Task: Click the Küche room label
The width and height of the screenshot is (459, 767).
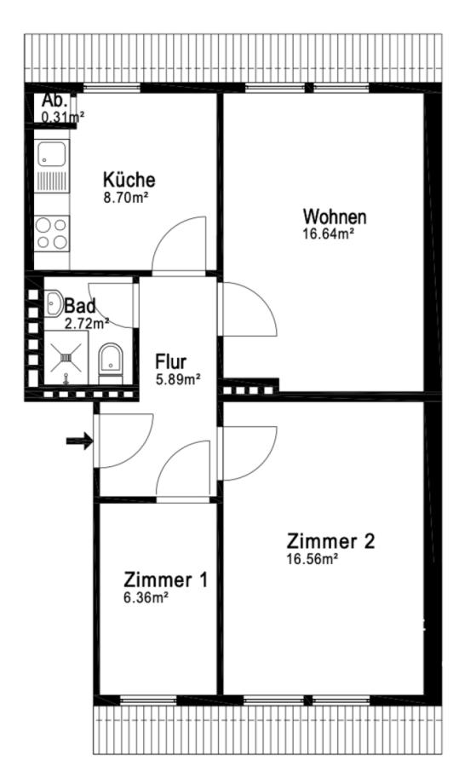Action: coord(129,180)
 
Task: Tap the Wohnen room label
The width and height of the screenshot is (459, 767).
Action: coord(335,216)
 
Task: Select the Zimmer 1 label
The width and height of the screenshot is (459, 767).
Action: coord(166,580)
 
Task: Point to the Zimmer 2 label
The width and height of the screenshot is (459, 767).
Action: coord(330,541)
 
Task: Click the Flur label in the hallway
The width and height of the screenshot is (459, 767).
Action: coord(170,362)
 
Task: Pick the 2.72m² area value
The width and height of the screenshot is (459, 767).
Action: coord(87,323)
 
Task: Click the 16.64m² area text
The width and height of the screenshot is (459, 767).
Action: coord(329,234)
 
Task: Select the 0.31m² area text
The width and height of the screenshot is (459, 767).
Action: coord(63,117)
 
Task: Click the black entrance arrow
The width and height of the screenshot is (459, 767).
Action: coord(79,441)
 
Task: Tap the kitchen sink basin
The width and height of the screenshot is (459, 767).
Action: coord(51,153)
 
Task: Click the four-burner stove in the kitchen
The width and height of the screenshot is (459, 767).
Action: coord(52,234)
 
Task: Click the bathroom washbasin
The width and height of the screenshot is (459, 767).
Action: coord(54,303)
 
